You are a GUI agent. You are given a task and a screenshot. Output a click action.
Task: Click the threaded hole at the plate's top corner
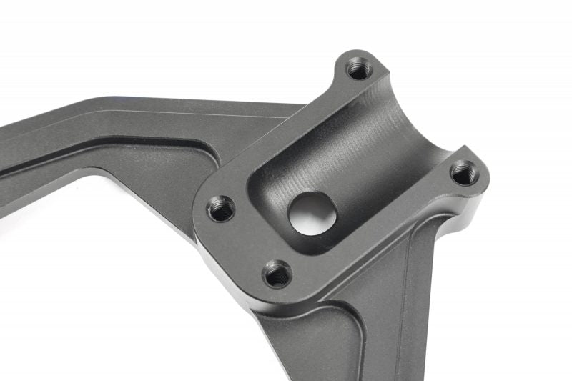click(x=357, y=69)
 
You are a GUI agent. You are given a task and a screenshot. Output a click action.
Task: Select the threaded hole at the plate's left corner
click(x=222, y=209)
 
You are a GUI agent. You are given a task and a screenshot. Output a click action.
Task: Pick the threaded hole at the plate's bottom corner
click(x=277, y=274)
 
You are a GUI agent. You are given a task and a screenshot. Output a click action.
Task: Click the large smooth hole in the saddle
click(x=312, y=211)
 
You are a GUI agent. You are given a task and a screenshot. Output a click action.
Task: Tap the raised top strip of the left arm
click(x=143, y=114)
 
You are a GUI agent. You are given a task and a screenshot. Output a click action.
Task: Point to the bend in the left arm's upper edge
click(x=107, y=98)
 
